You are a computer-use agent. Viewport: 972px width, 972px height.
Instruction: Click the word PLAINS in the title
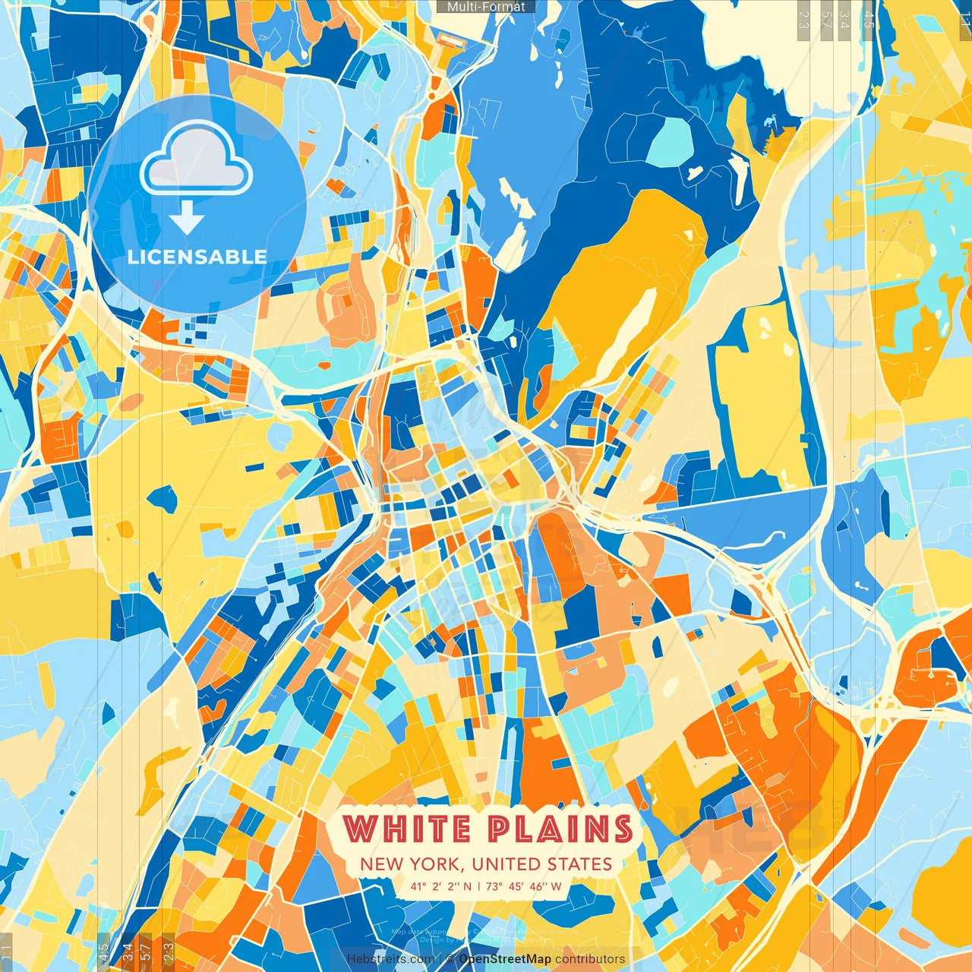click(560, 828)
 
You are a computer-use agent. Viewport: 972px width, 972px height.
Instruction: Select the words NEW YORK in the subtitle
click(412, 864)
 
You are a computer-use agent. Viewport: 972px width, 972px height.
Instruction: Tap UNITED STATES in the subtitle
click(541, 864)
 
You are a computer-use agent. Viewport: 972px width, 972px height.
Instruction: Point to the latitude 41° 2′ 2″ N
click(441, 886)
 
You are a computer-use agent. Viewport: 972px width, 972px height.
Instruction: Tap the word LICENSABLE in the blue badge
click(197, 257)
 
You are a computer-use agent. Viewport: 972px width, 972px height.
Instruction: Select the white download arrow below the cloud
click(187, 221)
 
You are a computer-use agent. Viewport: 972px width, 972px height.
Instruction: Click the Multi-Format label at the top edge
click(486, 7)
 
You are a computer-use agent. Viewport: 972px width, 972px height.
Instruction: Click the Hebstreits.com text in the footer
click(390, 959)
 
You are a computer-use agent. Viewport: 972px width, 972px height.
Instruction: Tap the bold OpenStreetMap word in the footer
click(505, 959)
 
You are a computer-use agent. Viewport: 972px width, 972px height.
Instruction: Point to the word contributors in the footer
click(590, 959)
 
